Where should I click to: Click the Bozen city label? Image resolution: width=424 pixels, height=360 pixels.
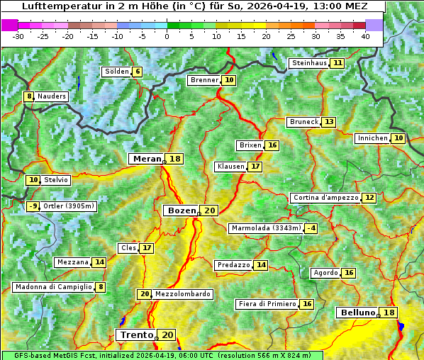click(x=182, y=210)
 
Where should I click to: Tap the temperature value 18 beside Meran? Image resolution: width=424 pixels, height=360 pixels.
click(x=174, y=159)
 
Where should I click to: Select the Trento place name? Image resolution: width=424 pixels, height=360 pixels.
click(x=136, y=335)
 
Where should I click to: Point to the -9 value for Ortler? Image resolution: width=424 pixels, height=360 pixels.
click(x=33, y=206)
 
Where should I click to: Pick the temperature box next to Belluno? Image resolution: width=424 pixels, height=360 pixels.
click(x=389, y=313)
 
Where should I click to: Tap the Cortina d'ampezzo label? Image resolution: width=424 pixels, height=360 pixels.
click(x=325, y=198)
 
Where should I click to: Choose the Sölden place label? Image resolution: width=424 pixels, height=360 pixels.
click(x=117, y=72)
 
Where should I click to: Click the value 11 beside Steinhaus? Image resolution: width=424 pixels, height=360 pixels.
click(x=338, y=63)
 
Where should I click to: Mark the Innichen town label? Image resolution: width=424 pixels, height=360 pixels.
click(x=372, y=138)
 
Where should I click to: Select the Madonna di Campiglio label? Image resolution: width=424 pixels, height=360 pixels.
click(x=53, y=287)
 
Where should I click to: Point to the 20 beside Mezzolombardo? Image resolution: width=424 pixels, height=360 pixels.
click(x=145, y=294)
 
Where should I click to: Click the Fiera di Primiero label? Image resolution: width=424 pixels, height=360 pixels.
click(x=267, y=304)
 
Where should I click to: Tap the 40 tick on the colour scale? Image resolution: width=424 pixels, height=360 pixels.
click(x=365, y=36)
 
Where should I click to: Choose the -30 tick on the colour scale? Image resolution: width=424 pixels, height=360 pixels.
click(x=18, y=36)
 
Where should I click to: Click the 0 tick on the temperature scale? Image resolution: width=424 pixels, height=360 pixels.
click(x=167, y=36)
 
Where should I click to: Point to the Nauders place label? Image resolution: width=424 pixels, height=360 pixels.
click(x=52, y=96)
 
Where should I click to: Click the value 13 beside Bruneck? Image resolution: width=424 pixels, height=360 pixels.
click(x=329, y=122)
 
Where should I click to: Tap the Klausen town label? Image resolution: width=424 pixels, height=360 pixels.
click(x=230, y=167)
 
